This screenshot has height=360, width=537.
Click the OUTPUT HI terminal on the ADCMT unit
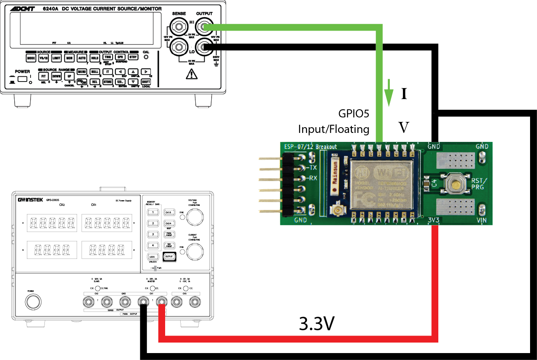[203, 28]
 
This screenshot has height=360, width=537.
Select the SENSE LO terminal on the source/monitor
[178, 48]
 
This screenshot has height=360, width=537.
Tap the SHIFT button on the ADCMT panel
[146, 82]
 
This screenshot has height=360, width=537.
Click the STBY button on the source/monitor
[133, 58]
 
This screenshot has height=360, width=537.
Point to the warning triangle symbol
[190, 74]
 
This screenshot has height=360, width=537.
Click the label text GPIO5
[354, 113]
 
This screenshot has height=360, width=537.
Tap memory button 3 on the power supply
[153, 234]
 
